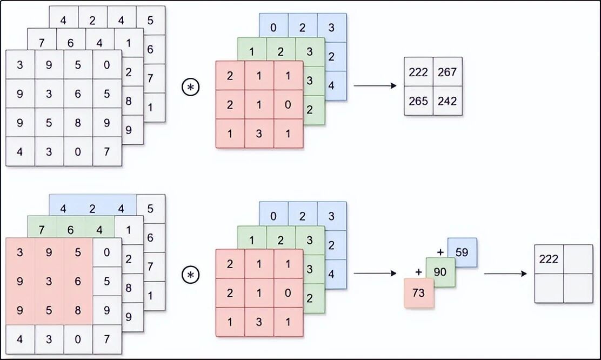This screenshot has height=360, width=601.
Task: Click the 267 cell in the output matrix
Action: pos(448,72)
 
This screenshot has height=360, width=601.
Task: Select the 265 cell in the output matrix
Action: pos(418,101)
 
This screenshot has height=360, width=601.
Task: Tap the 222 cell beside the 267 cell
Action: pos(418,72)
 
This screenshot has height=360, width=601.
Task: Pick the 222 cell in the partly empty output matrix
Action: pos(549,259)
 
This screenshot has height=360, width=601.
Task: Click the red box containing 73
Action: pos(419,294)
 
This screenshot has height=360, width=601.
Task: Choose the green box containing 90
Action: pos(440,272)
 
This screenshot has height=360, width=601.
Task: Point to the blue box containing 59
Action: pos(462,251)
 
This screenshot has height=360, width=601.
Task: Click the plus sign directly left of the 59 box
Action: pos(440,251)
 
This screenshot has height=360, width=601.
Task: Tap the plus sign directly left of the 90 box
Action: pos(418,272)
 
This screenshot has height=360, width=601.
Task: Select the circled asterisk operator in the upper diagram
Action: pos(190,87)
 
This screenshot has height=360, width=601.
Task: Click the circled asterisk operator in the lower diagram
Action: pos(190,275)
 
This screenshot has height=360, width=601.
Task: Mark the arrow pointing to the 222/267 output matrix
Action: pos(375,86)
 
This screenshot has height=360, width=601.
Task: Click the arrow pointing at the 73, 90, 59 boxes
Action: pos(375,274)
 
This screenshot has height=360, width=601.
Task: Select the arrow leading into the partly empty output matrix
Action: pos(505,274)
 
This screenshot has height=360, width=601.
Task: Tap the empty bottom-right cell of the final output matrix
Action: pos(578,288)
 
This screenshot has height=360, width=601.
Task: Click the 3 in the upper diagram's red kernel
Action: pos(259,134)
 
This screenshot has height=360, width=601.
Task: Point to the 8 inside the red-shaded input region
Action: pos(78,310)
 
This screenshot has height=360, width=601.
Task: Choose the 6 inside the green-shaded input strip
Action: pos(70,230)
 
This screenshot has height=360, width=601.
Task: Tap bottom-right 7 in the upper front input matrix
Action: pos(107,152)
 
